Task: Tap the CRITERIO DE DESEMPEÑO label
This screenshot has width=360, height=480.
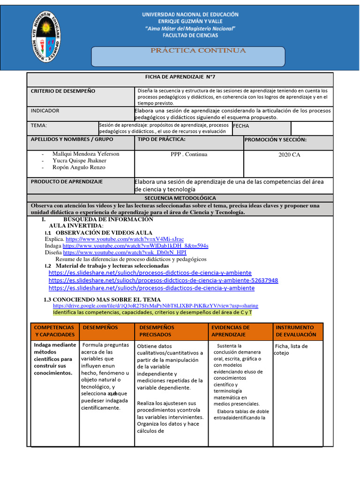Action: click(63, 91)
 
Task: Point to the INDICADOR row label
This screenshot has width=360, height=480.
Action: click(45, 111)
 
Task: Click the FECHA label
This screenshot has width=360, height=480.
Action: click(241, 126)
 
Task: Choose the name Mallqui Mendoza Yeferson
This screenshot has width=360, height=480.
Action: click(86, 154)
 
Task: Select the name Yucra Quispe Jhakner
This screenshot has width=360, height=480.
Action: click(79, 161)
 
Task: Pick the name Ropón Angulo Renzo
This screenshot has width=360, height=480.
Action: click(79, 167)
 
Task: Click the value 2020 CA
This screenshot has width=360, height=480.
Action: click(289, 155)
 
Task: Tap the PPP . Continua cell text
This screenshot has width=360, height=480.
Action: click(189, 154)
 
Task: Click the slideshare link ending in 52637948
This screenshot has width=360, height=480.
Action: click(163, 280)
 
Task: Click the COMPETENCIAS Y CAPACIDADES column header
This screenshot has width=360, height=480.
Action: click(54, 331)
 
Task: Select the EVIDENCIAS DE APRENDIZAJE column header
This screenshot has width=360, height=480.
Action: click(231, 331)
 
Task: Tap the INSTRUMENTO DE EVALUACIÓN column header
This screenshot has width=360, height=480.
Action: click(296, 331)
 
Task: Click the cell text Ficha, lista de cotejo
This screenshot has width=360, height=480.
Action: click(291, 349)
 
